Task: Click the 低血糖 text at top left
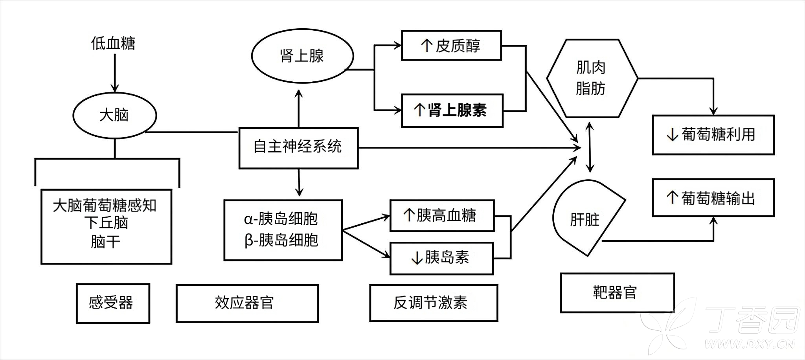[x=113, y=43]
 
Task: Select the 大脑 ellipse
[x=114, y=115]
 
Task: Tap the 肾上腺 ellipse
[x=302, y=56]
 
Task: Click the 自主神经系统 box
[x=298, y=148]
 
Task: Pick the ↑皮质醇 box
[x=451, y=46]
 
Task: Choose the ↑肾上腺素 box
[x=452, y=110]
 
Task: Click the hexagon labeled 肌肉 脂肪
[x=592, y=78]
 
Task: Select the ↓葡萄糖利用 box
[x=713, y=135]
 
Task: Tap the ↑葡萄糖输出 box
[x=713, y=198]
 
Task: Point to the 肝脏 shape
[x=584, y=219]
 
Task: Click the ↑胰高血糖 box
[x=442, y=216]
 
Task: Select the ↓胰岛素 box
[x=441, y=258]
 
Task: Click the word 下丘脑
[x=106, y=223]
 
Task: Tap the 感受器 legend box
[x=113, y=303]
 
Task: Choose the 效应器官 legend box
[x=247, y=303]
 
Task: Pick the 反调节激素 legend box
[x=433, y=303]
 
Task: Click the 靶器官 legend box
[x=617, y=293]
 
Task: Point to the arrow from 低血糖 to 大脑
[x=115, y=73]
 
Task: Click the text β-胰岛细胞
[x=282, y=240]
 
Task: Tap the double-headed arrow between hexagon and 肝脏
[x=589, y=147]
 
